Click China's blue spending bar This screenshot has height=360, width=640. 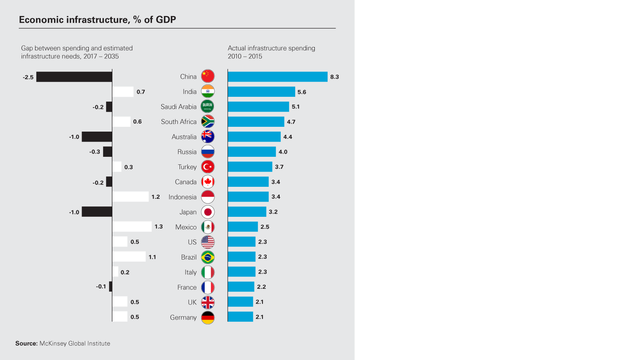tap(277, 77)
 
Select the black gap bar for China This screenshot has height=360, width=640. tap(74, 77)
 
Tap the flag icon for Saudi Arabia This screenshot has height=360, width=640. tap(208, 106)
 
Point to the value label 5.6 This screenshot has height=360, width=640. tap(302, 92)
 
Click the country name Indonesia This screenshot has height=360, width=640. tap(182, 197)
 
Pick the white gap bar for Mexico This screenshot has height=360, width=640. tap(132, 227)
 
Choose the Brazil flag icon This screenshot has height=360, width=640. tap(208, 257)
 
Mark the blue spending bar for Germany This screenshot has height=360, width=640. tap(240, 317)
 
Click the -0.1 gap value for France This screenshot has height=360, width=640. tap(101, 286)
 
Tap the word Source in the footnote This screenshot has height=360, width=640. tap(26, 344)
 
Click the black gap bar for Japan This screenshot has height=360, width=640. tap(97, 212)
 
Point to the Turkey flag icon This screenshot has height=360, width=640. tap(208, 167)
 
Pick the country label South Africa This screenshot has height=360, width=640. tap(179, 122)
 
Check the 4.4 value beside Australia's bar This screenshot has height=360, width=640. tap(288, 137)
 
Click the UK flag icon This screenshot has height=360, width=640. tap(208, 302)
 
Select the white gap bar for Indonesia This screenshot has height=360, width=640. tap(130, 197)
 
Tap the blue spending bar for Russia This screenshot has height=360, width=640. tap(252, 152)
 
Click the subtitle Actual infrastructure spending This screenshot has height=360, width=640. tap(271, 48)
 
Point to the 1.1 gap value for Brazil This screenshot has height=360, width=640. tap(152, 257)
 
